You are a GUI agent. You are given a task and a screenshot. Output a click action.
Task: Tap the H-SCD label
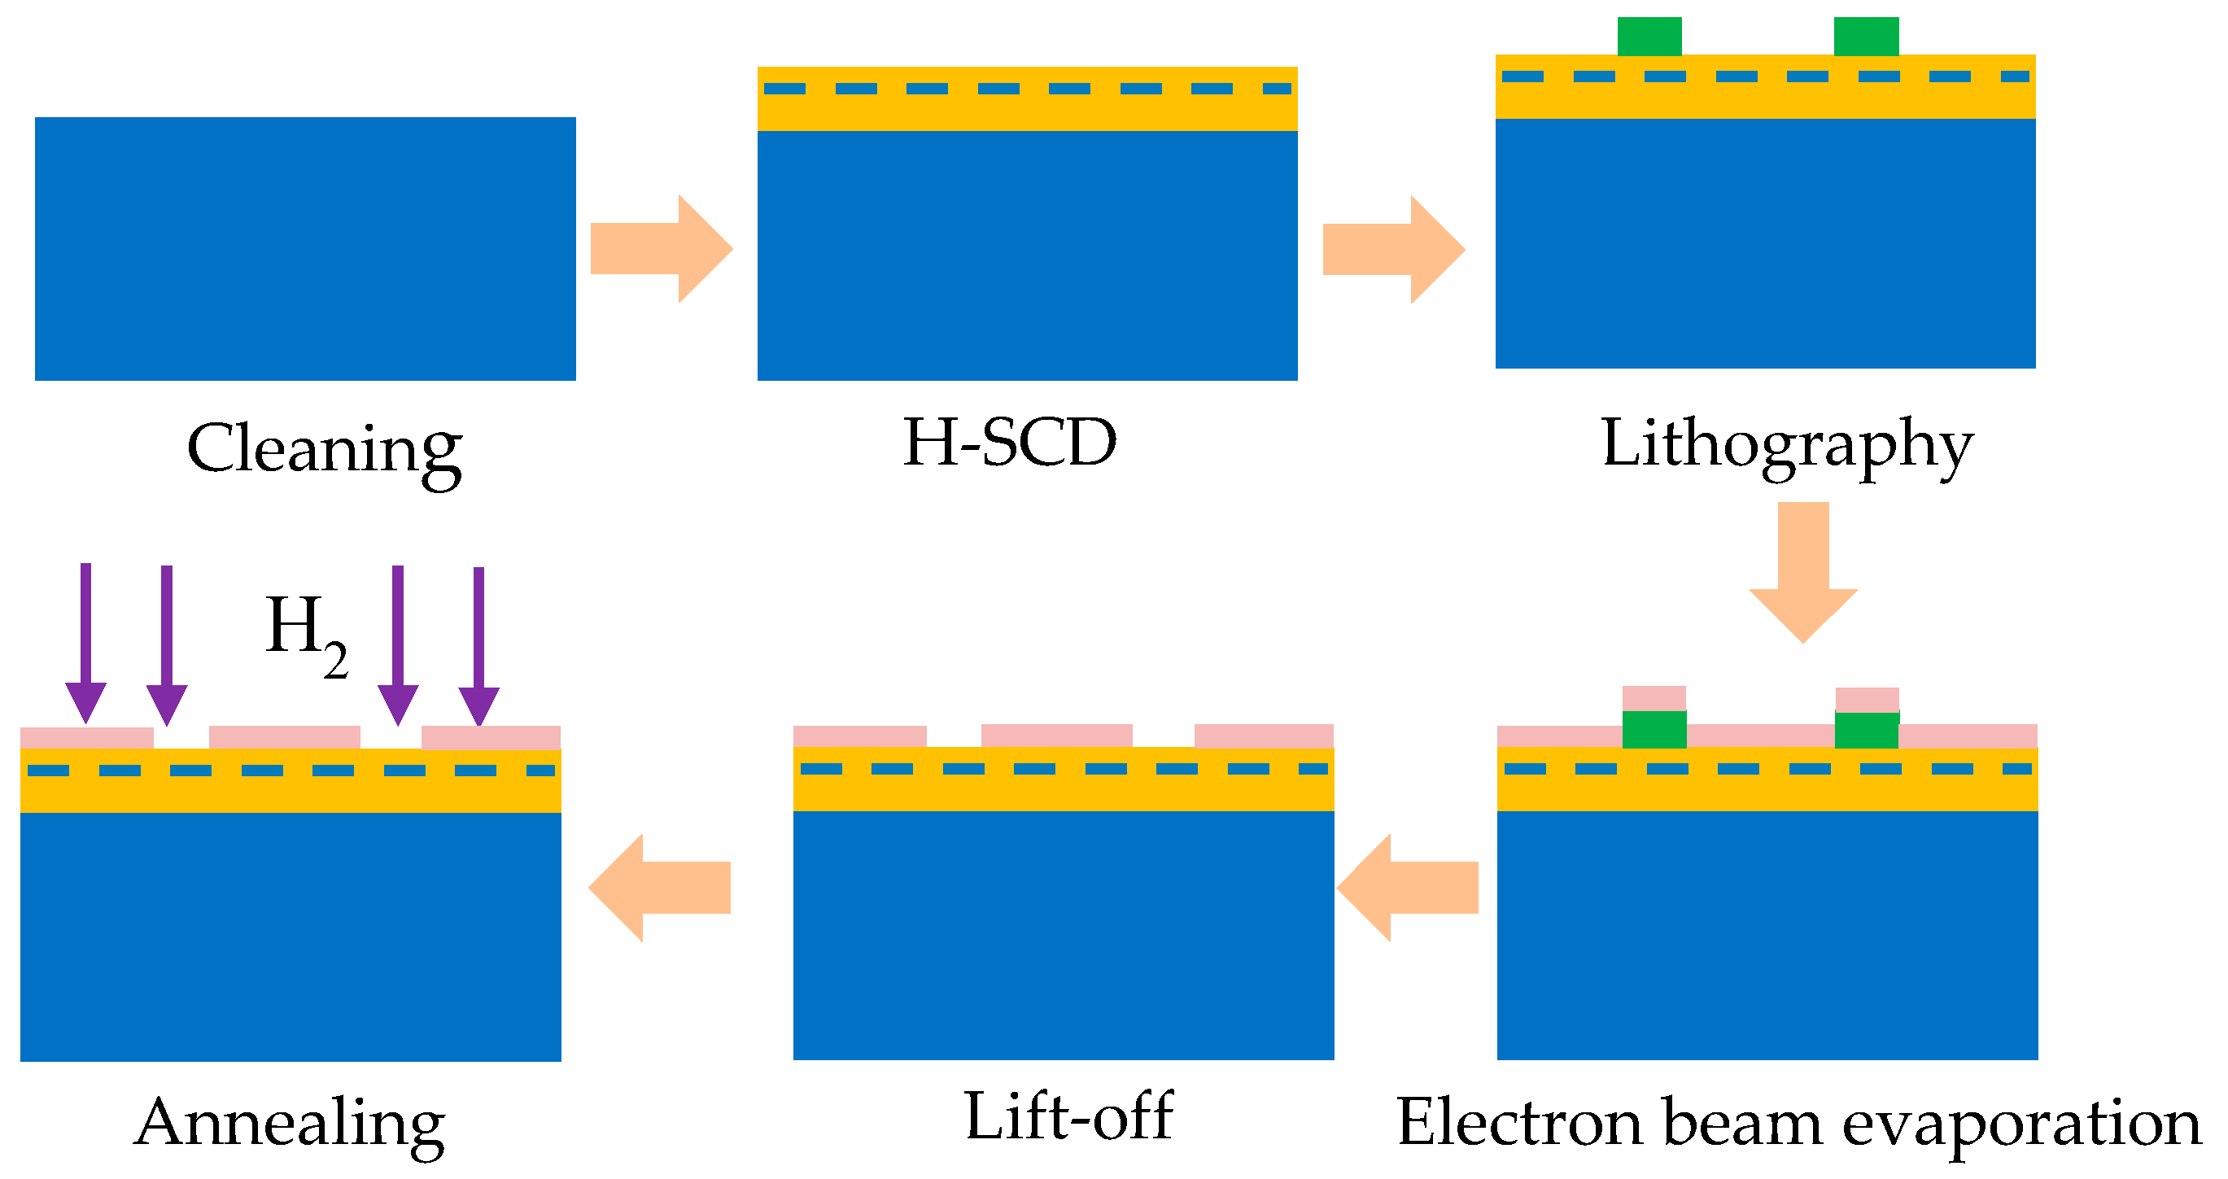click(x=1010, y=443)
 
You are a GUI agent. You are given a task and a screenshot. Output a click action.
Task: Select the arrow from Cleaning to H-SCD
click(x=662, y=249)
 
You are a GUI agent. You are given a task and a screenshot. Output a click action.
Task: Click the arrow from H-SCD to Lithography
click(x=1393, y=249)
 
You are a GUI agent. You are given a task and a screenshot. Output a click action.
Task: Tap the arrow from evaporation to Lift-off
click(x=1408, y=888)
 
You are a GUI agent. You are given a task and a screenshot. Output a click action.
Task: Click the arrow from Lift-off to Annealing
click(x=660, y=888)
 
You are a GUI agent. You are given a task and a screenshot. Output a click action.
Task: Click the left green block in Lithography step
click(x=1649, y=37)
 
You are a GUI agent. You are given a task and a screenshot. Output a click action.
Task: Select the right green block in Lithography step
click(x=1867, y=37)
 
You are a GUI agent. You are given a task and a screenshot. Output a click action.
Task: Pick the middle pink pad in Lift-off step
click(x=1056, y=736)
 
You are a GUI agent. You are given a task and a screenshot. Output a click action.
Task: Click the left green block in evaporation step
click(x=1654, y=729)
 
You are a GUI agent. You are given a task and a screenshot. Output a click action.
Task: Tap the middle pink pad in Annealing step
click(x=285, y=737)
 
